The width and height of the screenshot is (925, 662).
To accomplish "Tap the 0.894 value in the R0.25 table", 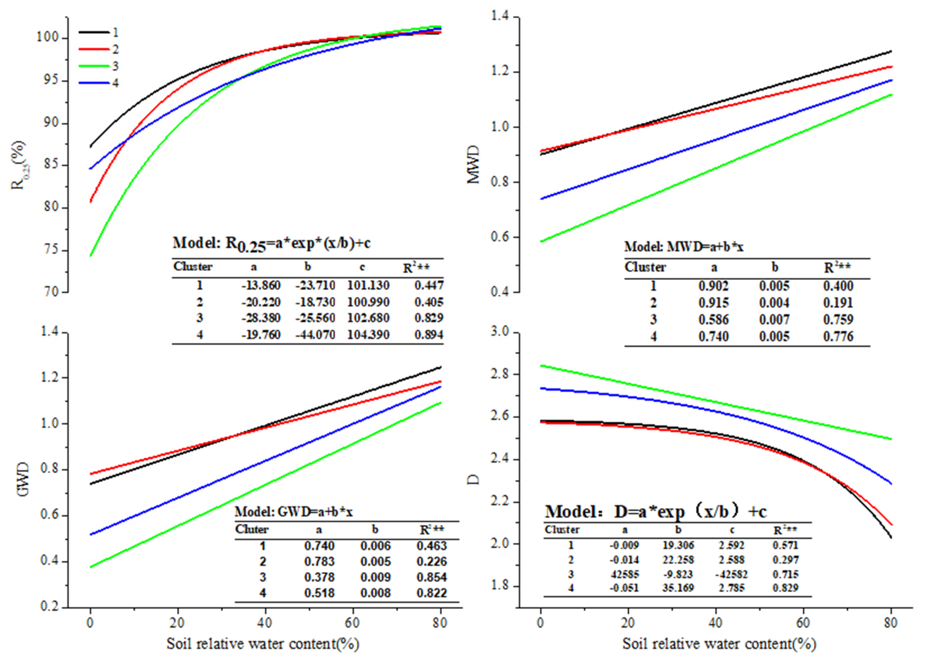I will click(429, 335).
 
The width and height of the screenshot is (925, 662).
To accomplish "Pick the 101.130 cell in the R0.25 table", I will click(368, 285).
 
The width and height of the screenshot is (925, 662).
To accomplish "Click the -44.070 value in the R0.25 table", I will click(315, 335).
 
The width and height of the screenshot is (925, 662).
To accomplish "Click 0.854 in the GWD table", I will click(431, 577).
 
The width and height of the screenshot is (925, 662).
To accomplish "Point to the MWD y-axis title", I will click(473, 165).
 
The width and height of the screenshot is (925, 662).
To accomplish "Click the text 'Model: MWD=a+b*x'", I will click(684, 246).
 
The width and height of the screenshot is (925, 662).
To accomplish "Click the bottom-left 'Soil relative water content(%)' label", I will click(263, 644).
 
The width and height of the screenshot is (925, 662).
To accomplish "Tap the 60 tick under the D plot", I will click(803, 623).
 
